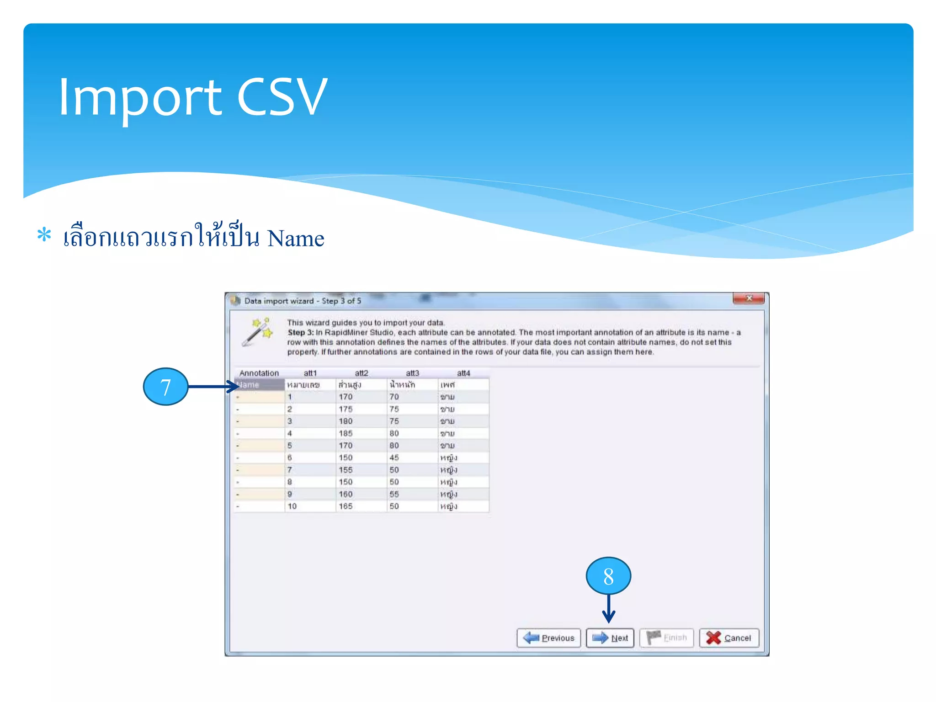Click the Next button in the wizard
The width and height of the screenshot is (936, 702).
(610, 638)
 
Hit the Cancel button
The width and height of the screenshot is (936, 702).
(729, 638)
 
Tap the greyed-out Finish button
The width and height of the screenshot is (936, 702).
(666, 638)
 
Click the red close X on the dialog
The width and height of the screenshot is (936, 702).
(748, 298)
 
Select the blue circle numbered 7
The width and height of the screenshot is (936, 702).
(165, 387)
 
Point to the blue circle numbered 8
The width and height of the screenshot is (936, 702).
(608, 576)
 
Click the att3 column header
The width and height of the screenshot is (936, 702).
(412, 373)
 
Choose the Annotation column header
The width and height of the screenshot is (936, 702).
(259, 373)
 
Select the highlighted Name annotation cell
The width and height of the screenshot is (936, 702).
(260, 385)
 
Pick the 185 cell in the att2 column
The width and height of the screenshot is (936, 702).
(346, 433)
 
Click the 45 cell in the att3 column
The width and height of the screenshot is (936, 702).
(394, 457)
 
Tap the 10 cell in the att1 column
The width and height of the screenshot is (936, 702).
(292, 506)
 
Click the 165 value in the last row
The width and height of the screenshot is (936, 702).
(346, 506)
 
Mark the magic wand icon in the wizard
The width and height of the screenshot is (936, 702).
(257, 332)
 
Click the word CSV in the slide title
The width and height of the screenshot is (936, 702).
(282, 97)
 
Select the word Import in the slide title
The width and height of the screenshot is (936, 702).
(140, 98)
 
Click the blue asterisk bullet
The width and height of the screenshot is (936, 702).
(44, 235)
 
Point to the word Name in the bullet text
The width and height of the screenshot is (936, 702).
(295, 239)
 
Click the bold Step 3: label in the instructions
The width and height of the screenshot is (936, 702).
(300, 332)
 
